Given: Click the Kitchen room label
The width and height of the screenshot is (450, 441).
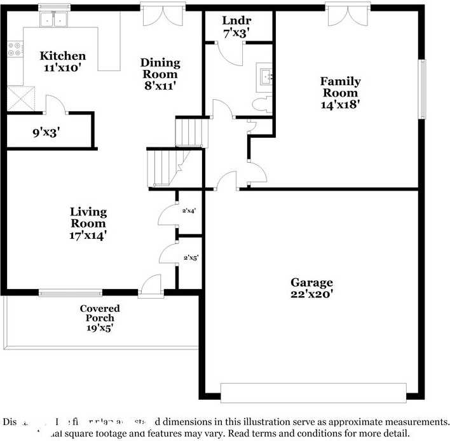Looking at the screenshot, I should pos(62,56).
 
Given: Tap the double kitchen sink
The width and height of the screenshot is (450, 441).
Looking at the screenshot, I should pos(54,20).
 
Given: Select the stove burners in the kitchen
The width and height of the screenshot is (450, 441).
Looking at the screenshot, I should pos(14,50).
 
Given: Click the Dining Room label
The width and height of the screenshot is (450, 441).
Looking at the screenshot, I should pos(160,63).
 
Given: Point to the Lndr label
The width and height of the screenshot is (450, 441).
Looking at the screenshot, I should pos(235,20).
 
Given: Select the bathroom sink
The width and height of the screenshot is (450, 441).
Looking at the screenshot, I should pos(265,76).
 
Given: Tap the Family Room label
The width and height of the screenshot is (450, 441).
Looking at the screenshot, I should pos(340,81).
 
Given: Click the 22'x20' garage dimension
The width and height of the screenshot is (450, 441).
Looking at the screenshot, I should pos(311,294).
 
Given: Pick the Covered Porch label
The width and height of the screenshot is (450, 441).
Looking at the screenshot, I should pos(100,309).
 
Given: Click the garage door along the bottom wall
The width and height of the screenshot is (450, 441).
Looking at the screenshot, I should pos(313,392).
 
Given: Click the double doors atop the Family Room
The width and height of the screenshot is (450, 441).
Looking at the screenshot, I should pos(347,15).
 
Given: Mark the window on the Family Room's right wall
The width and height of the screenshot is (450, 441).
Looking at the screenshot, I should pos(421,89).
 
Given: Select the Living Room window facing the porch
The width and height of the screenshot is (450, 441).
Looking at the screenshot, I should pos(70,293).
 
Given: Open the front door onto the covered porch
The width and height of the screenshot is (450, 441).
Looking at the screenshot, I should pos(151,287).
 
